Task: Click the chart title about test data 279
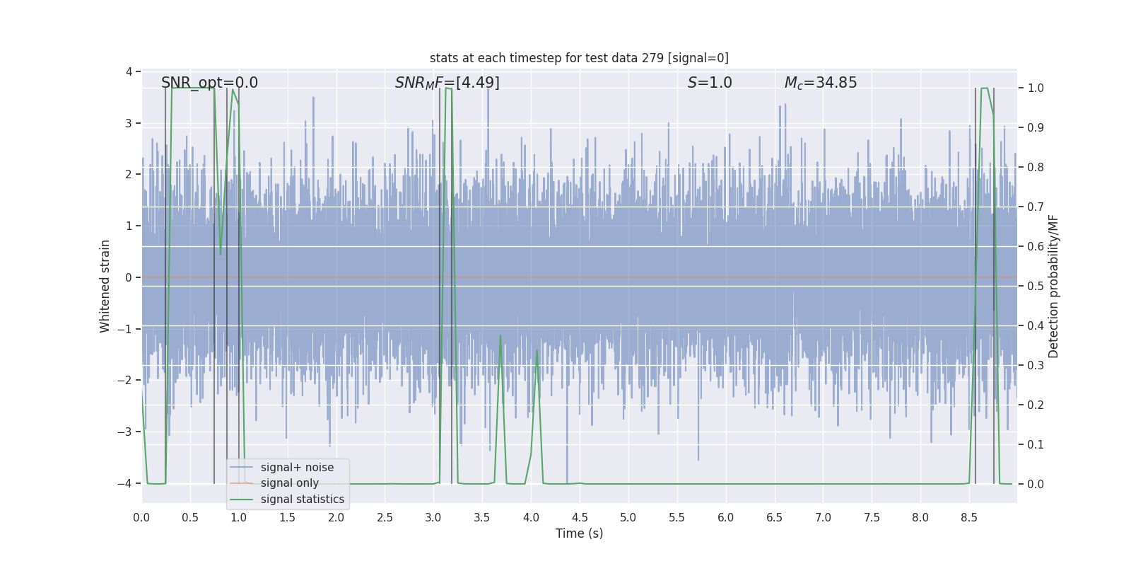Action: [579, 58]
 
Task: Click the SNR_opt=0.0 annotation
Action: [209, 83]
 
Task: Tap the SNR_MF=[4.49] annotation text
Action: [447, 83]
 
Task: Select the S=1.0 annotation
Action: [710, 83]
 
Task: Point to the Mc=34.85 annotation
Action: [820, 83]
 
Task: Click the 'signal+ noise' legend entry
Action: [297, 468]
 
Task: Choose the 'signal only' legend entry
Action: [289, 483]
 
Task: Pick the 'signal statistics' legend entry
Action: [302, 499]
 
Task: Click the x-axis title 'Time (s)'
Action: [579, 533]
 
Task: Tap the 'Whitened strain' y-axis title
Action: [105, 286]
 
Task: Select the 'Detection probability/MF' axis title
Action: [1053, 286]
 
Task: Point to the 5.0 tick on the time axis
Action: [628, 517]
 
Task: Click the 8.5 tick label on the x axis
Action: [969, 517]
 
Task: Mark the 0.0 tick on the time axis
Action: [141, 517]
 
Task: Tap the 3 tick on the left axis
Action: [129, 123]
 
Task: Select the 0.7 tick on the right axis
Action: [1036, 207]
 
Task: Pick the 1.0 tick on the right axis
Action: [1036, 88]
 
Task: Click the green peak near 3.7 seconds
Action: [500, 336]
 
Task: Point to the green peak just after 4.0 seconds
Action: [537, 350]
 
